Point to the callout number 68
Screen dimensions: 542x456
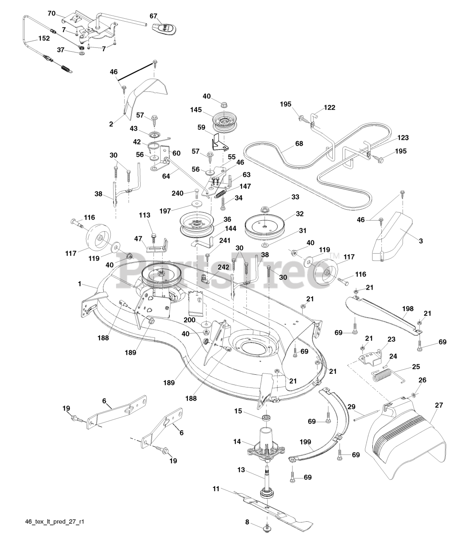(299, 144)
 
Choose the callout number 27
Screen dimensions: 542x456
(439, 405)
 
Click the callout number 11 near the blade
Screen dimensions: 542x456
(216, 489)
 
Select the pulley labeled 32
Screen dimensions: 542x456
(264, 226)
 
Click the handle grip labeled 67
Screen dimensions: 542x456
(164, 28)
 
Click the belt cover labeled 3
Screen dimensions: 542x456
(392, 237)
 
